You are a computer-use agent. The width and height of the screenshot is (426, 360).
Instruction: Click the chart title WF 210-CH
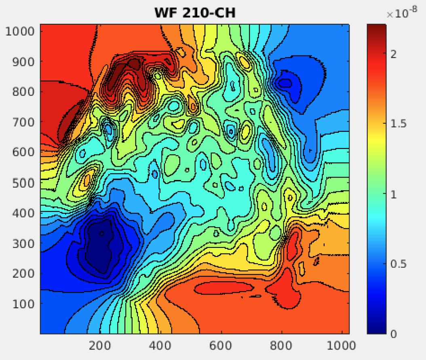(194, 13)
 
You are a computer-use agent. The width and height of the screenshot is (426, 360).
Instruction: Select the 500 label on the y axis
(25, 182)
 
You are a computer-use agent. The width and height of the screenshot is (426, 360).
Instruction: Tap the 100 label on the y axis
(25, 303)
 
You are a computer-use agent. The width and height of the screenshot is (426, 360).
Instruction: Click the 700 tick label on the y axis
(25, 122)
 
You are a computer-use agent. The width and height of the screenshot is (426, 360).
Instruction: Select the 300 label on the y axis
(25, 243)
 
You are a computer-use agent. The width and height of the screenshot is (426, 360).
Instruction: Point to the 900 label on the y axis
(25, 61)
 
